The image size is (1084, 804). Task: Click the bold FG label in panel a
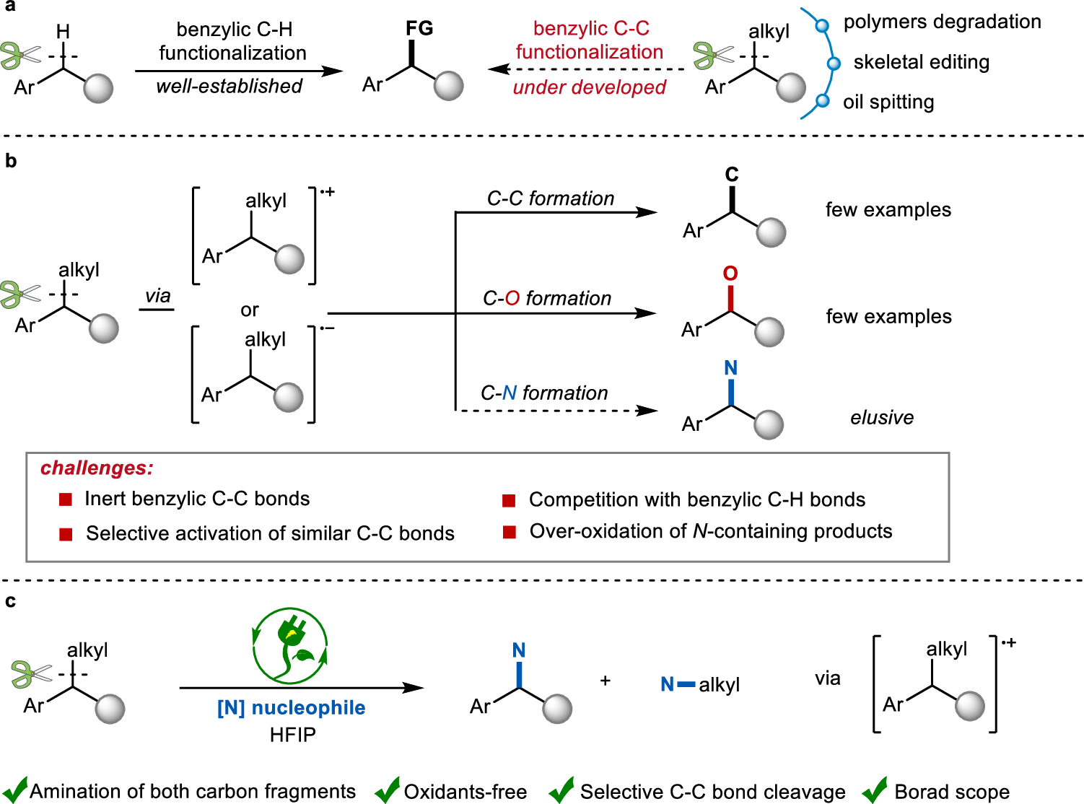pos(419,29)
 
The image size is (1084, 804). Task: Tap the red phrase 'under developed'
pos(589,87)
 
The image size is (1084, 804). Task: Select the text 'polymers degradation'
pos(942,22)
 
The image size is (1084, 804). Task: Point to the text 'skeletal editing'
pos(921,62)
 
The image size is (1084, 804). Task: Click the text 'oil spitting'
pos(888,102)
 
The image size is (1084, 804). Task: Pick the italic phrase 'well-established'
pos(229,86)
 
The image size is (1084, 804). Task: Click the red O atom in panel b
pos(730,274)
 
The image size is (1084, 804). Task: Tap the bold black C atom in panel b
pos(732,175)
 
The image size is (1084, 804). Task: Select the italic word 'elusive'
pos(882,418)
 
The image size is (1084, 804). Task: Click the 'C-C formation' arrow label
pos(550,198)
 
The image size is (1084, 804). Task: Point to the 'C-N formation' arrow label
pos(544,393)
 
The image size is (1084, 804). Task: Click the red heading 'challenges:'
pos(97,468)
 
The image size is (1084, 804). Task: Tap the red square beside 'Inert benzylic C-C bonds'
pos(66,499)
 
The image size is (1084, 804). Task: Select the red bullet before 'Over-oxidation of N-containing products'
pos(510,532)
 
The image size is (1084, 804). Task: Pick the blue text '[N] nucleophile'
pos(291,708)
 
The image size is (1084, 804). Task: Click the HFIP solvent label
pos(292,735)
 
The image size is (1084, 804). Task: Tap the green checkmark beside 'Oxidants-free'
pos(388,790)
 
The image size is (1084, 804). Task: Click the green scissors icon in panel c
pos(30,674)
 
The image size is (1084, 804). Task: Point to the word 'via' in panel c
pos(827,678)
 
